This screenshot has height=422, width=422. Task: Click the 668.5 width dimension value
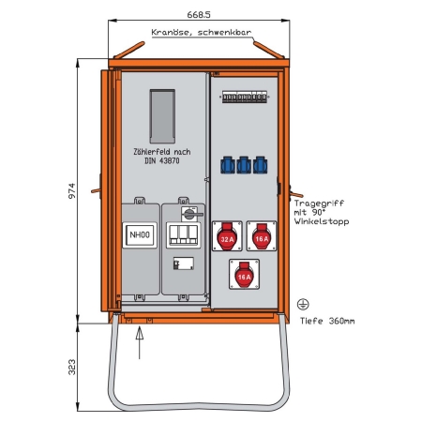pos(199,15)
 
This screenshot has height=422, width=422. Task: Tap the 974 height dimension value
pos(72,191)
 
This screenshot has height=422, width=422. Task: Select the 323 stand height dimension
pos(72,368)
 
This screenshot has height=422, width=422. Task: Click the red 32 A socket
pos(227,236)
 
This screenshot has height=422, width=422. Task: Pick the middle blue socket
pos(244,165)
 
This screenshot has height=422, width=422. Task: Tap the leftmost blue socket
pos(228,165)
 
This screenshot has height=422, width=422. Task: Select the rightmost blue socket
pos(260,165)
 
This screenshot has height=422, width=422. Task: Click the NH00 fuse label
pos(140,234)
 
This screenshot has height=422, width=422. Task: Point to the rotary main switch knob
pos(189,214)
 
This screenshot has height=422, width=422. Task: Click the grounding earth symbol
pos(303,304)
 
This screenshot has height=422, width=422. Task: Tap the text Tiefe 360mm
pos(327,321)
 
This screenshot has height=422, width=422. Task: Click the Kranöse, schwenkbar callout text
pos(202,33)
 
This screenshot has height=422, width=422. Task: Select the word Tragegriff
pos(319,203)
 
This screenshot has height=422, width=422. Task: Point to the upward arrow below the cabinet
pos(140,342)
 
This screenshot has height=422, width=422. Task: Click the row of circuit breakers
pos(245,97)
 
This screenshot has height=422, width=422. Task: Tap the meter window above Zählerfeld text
pos(162,116)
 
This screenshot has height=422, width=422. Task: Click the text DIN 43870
pos(162,161)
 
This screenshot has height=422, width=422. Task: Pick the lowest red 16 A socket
pos(244,274)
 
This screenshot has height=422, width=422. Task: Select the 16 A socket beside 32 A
pos(262,236)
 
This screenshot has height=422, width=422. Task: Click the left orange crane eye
pos(129,50)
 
